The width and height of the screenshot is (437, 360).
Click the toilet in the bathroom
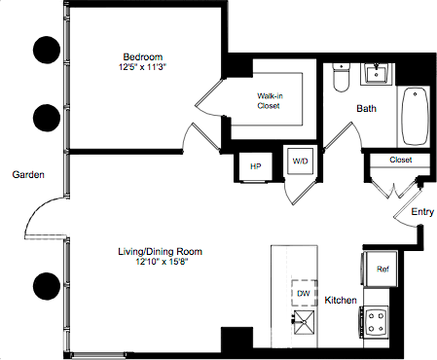(338, 77)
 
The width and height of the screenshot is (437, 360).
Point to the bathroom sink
(375, 74)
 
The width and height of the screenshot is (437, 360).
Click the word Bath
(366, 108)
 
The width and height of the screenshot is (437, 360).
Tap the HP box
(256, 166)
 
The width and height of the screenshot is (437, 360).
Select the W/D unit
(298, 162)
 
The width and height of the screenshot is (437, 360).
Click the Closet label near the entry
(400, 160)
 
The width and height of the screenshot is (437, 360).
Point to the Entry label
(422, 211)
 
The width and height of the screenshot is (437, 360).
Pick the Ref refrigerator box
(382, 268)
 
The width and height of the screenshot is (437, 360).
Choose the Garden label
(25, 174)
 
